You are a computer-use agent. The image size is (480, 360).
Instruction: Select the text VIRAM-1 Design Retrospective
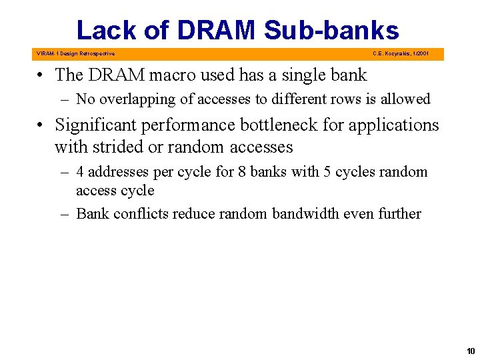pos(75,53)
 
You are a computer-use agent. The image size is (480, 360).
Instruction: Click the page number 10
pos(471,351)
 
